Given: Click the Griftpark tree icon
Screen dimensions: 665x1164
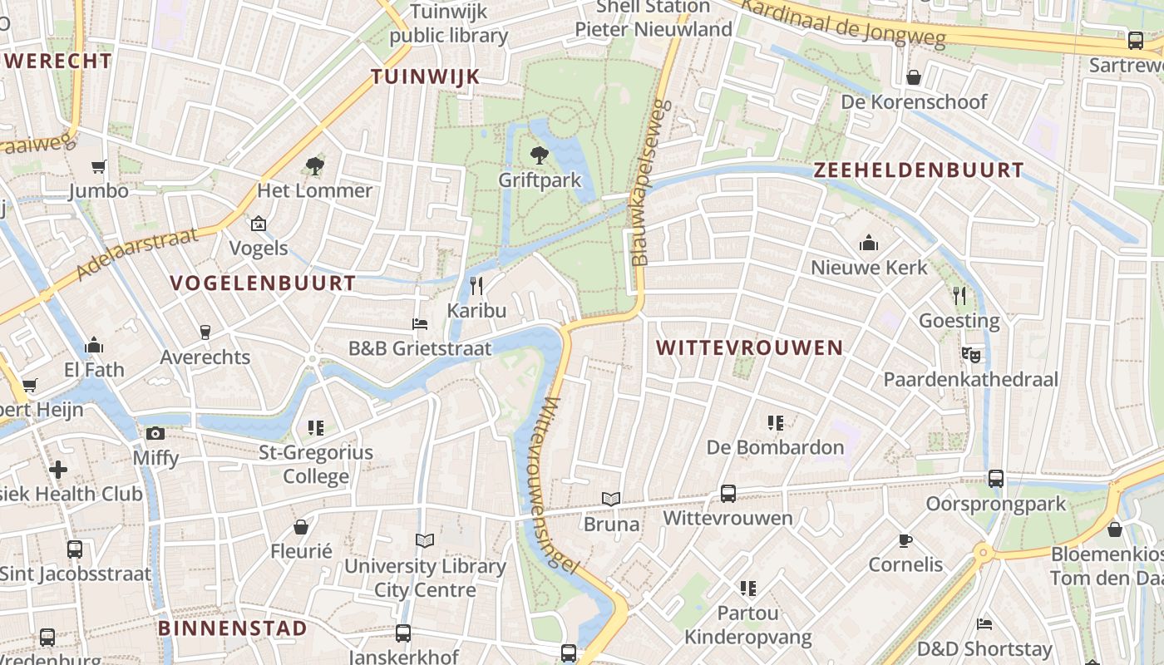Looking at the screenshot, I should point(540,155).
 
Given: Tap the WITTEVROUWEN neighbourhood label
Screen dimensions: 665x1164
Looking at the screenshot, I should point(750,347).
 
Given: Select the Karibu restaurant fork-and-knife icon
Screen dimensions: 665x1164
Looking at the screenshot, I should point(476,286).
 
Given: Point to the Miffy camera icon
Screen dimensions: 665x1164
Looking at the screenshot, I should point(155,433).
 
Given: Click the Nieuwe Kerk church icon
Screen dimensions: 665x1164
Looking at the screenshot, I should point(869,243).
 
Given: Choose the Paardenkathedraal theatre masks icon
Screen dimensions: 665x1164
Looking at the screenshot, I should point(969,354).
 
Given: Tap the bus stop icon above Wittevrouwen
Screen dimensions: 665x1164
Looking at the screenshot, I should point(727,493).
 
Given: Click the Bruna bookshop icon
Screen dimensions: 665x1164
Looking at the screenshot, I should point(611,499).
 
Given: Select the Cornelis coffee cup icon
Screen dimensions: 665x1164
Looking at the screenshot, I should point(905,540).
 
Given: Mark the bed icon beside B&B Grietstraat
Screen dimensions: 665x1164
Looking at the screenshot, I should point(420,323).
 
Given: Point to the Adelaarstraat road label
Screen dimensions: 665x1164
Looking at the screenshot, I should point(137,253).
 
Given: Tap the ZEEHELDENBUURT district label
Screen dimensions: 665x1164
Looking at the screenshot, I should point(919,170).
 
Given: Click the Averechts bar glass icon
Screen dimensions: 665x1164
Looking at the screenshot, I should point(205,332).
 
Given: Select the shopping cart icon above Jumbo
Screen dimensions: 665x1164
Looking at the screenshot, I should point(99,166).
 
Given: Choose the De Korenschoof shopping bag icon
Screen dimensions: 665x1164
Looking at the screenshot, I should point(914,77).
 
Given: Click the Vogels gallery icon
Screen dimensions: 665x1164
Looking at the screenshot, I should point(259,224).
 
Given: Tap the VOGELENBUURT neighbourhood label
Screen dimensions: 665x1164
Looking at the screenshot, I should point(263,283).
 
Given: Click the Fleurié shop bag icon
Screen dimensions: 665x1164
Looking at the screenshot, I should point(301,527).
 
